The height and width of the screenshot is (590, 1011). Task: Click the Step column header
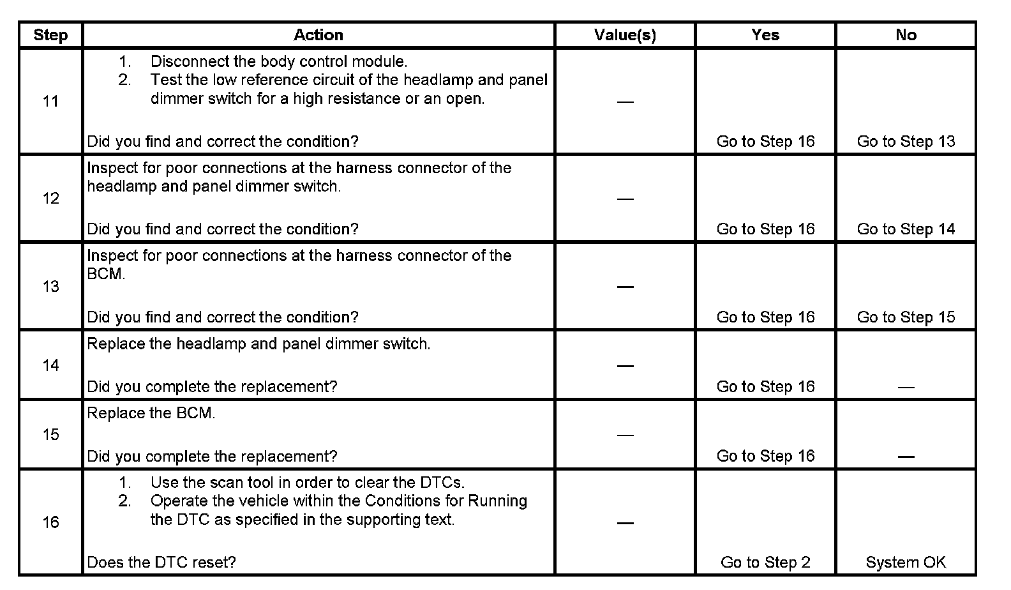50,35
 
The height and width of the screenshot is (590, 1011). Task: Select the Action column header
318,35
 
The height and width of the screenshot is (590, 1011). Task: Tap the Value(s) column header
625,35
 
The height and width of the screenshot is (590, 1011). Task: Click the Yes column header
765,35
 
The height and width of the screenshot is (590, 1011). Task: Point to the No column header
906,35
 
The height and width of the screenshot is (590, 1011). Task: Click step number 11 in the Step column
50,102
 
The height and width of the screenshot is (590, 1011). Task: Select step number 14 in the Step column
50,365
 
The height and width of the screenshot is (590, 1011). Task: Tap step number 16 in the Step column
50,523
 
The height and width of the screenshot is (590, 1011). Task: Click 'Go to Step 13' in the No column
906,142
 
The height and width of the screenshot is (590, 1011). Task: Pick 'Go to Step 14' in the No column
906,229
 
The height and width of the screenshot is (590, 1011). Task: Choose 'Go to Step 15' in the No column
906,317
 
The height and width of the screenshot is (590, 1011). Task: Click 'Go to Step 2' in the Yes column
765,563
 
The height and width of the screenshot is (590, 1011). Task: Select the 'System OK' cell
906,563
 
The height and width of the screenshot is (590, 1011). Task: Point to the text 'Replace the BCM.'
151,413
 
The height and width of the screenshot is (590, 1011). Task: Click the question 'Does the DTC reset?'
161,563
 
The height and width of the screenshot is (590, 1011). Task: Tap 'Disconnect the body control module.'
279,62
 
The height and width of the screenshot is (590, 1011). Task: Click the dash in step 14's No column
906,387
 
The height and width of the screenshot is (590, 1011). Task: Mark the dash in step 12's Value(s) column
625,199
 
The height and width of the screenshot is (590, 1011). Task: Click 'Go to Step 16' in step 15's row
765,456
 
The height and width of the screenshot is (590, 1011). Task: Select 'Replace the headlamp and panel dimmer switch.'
258,344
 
